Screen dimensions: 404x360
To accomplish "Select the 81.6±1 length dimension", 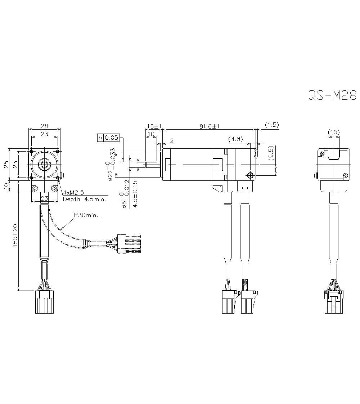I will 210,126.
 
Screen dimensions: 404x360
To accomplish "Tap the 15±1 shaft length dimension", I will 154,126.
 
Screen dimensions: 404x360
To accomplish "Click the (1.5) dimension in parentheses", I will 272,125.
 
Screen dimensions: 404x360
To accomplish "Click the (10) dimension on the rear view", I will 334,132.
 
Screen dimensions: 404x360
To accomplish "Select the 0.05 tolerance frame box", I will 111,138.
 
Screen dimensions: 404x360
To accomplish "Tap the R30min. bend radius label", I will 87,215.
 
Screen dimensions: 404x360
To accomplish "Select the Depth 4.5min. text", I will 84,199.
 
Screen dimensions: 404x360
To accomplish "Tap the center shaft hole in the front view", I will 45,165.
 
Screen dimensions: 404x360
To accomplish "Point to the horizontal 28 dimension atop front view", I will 45,126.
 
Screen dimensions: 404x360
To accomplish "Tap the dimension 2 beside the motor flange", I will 171,140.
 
